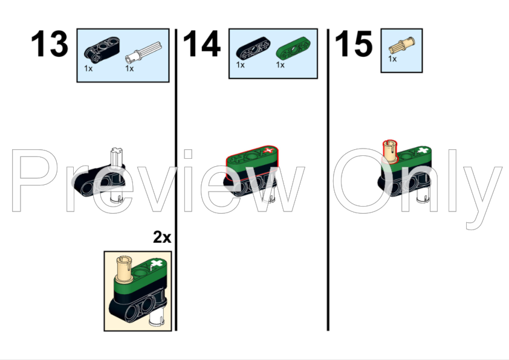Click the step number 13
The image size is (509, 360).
coord(50,45)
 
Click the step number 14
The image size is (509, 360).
coord(201,45)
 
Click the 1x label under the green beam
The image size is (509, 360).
coord(280,65)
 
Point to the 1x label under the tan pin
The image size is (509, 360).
coord(392,60)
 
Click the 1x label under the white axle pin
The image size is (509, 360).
coord(129,69)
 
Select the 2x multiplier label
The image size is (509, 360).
coord(161,237)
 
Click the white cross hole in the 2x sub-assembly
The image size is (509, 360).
coord(157,265)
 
